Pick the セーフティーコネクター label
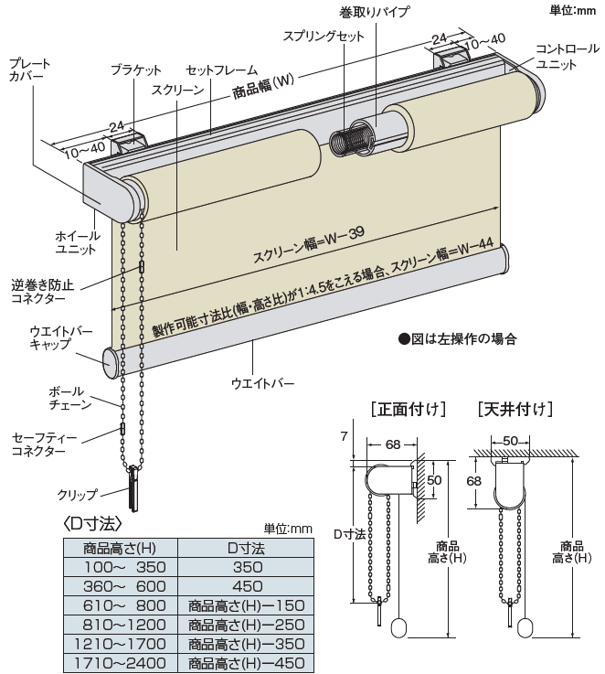40,444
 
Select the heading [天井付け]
515,408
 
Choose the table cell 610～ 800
119,604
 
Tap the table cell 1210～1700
119,643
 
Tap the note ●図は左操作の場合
457,339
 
